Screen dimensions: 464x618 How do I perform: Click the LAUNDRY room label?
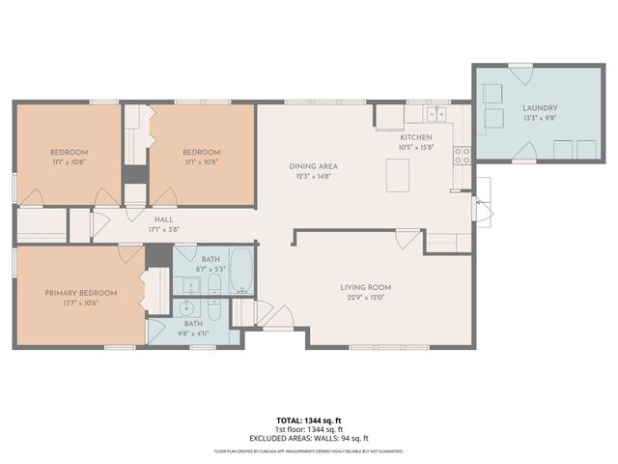541,108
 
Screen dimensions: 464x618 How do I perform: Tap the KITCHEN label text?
418,137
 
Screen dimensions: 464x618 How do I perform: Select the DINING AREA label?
313,166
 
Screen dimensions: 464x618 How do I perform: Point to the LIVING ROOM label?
364,287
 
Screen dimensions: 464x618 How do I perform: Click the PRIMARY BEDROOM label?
81,293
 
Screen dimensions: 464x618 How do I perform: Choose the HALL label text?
163,219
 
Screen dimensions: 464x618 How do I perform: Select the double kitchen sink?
438,111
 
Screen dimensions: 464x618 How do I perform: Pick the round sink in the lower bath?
189,309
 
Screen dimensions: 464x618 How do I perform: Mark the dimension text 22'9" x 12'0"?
364,298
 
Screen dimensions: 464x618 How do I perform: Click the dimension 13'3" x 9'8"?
541,118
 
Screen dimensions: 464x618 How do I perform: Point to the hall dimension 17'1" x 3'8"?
163,230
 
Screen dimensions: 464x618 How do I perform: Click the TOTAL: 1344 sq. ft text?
308,421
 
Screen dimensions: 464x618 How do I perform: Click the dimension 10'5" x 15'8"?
418,147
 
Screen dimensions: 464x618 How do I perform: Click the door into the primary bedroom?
130,252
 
